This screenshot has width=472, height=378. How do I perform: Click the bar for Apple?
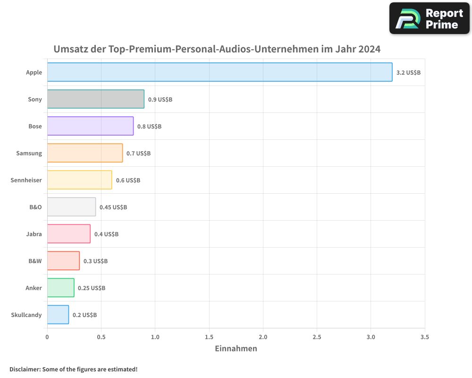pos(219,72)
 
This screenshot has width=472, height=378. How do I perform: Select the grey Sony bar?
pos(96,99)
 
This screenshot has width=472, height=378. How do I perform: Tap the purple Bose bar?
pos(90,126)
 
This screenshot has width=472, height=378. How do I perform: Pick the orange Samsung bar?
pos(85,153)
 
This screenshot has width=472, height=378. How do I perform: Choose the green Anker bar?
pos(60,288)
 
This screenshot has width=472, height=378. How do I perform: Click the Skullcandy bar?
pos(58,315)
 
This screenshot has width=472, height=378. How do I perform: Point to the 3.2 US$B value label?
pos(408,73)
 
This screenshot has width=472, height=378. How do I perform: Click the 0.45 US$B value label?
pos(113,207)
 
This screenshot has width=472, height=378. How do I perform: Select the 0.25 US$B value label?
pos(92,288)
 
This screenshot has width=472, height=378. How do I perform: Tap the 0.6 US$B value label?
pos(128,180)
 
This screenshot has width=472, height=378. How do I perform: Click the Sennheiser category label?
pos(26,180)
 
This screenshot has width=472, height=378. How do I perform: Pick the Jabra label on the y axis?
pos(34,234)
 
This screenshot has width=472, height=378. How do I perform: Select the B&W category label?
pos(35,261)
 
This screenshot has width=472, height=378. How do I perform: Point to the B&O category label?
pos(35,207)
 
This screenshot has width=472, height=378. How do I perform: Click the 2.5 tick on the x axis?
pos(317,337)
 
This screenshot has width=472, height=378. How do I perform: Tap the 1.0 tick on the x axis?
pos(155,337)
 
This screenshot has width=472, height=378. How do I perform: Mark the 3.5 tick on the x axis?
pos(424,337)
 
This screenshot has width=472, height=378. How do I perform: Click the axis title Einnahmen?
pos(236,349)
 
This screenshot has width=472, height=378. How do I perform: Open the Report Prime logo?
pos(429,18)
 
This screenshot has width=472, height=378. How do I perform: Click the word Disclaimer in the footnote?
pos(25,369)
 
